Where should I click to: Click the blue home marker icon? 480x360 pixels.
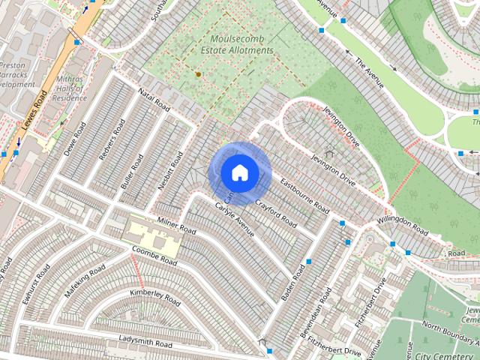239,173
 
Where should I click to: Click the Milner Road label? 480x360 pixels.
177,224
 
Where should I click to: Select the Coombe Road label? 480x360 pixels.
154,256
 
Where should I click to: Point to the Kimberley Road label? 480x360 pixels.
155,297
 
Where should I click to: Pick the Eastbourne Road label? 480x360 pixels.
304,194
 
